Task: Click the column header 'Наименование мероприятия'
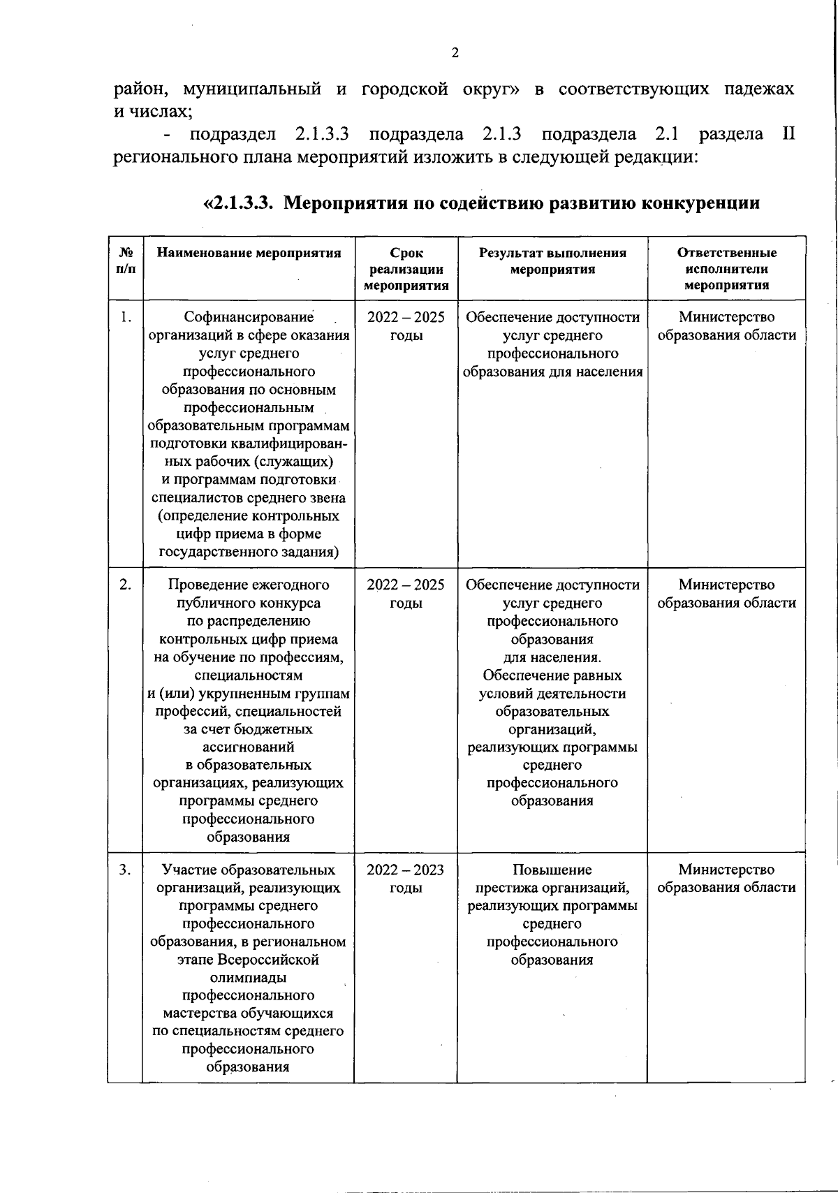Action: pyautogui.click(x=249, y=253)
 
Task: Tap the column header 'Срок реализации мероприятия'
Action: pyautogui.click(x=406, y=269)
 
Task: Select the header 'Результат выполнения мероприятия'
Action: pyautogui.click(x=552, y=261)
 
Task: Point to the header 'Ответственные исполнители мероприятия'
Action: pyautogui.click(x=726, y=269)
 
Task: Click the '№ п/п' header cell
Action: pyautogui.click(x=126, y=261)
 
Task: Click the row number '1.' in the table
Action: pyautogui.click(x=125, y=318)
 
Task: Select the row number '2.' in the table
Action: pyautogui.click(x=125, y=585)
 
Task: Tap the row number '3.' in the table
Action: pyautogui.click(x=125, y=870)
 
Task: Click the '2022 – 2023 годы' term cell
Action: pyautogui.click(x=406, y=879)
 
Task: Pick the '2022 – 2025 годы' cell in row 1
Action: pyautogui.click(x=406, y=326)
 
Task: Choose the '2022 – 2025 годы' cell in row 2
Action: pyautogui.click(x=406, y=594)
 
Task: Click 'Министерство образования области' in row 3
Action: pyautogui.click(x=726, y=879)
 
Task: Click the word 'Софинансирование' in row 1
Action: pyautogui.click(x=249, y=318)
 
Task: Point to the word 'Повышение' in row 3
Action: pyautogui.click(x=552, y=870)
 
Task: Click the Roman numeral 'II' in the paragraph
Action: pyautogui.click(x=788, y=134)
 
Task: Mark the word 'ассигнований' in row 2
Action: pyautogui.click(x=249, y=747)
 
